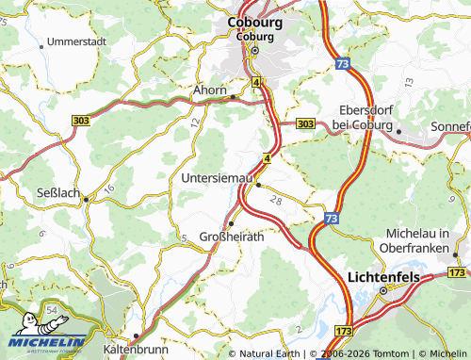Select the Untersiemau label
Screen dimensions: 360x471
[x=218, y=176]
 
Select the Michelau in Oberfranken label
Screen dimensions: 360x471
[x=426, y=239]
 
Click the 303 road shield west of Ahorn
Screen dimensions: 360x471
[x=81, y=120]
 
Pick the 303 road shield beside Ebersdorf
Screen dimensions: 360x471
[x=305, y=123]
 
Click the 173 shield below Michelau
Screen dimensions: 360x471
[x=457, y=272]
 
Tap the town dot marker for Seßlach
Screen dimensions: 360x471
[x=85, y=199]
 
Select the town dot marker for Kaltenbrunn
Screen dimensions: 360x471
[x=136, y=335]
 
